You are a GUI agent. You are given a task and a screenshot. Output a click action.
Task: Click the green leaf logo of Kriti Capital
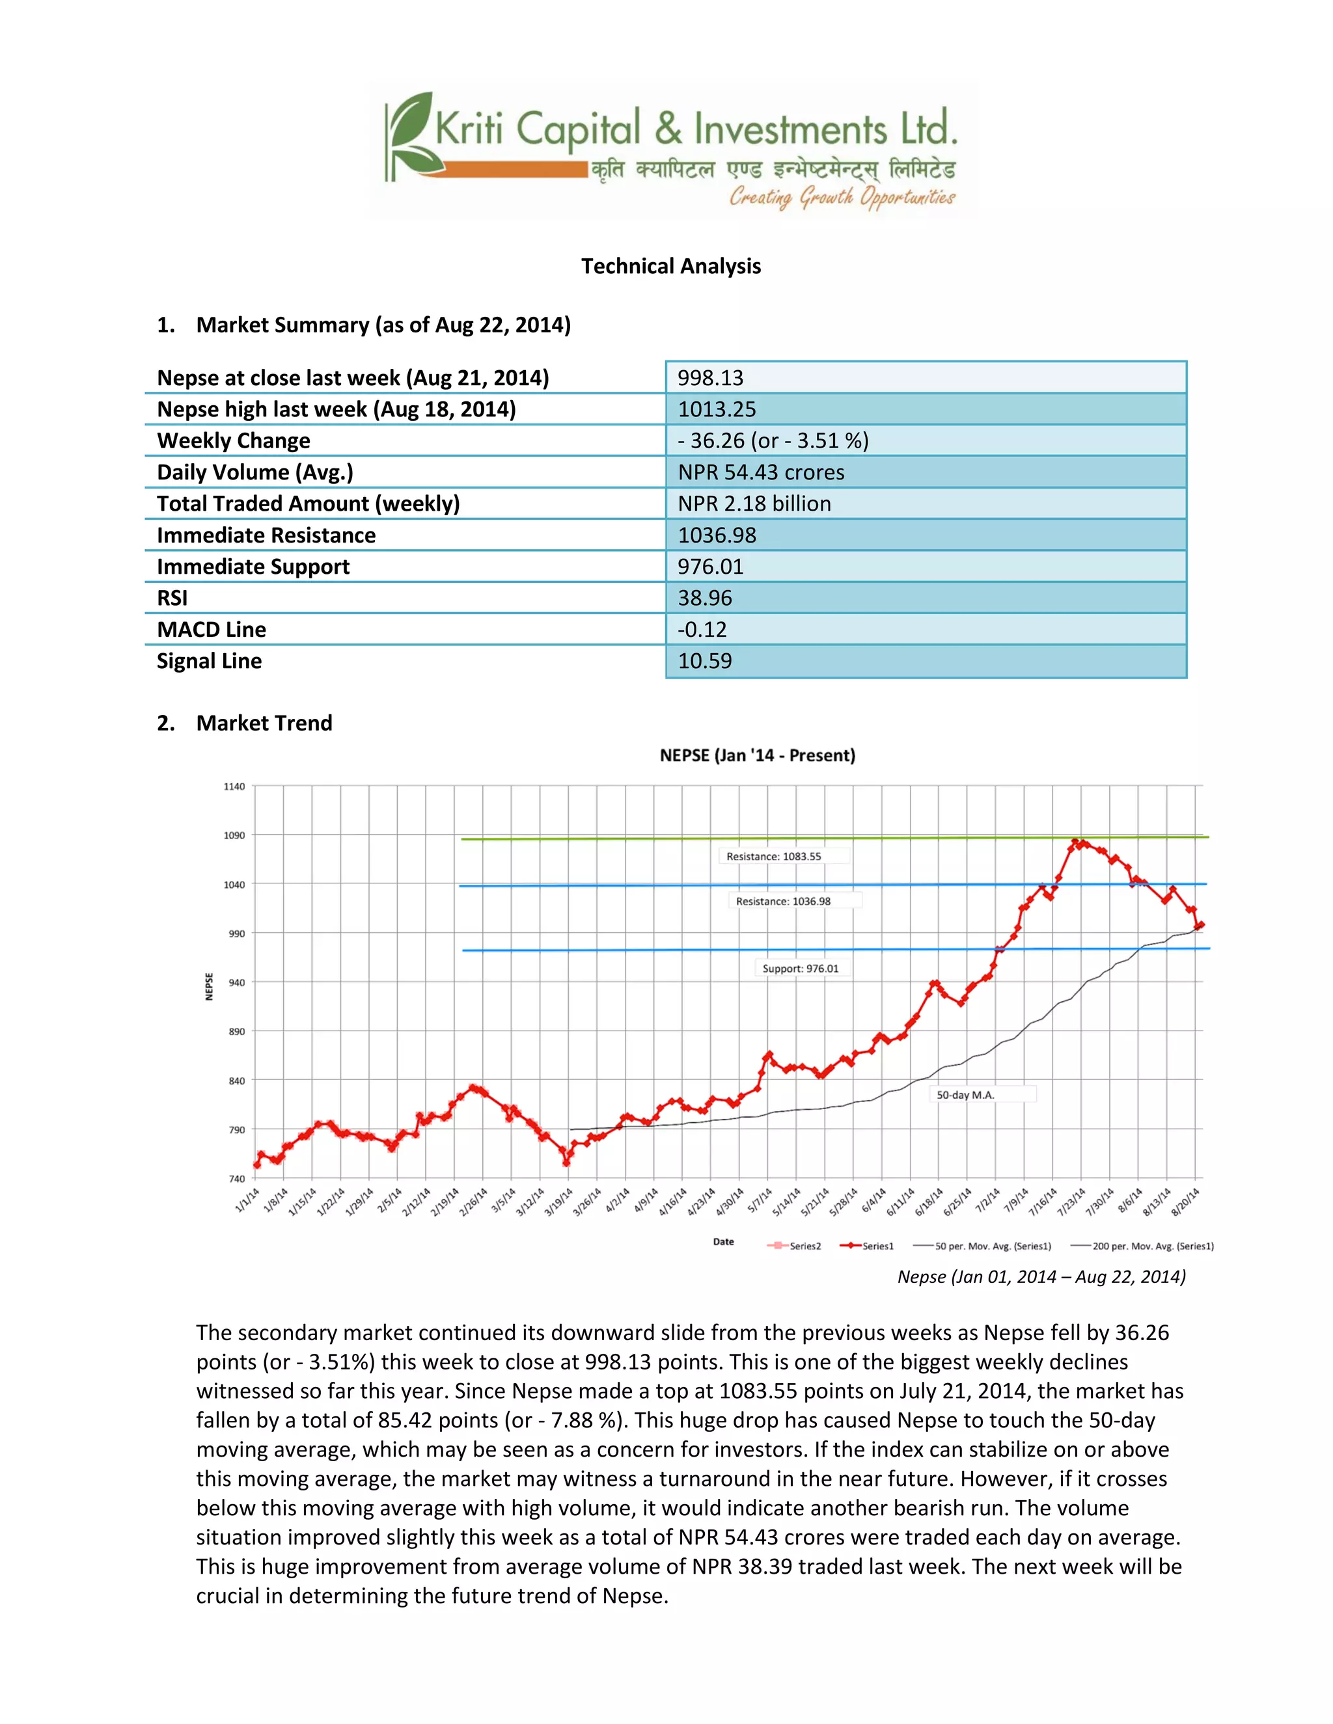point(411,134)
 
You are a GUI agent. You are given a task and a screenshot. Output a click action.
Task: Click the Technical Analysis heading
point(670,267)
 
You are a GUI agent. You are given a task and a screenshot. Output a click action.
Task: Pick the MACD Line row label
point(212,630)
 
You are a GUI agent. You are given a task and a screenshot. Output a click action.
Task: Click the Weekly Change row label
point(234,440)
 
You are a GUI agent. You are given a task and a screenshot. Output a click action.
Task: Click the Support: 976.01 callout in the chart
point(800,969)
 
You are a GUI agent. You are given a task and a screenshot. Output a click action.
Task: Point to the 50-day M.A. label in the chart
point(965,1095)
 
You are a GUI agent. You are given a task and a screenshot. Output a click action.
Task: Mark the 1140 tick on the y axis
point(234,787)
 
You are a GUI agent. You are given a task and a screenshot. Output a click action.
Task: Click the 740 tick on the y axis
point(237,1179)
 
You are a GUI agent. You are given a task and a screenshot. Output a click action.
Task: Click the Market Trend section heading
point(264,723)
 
